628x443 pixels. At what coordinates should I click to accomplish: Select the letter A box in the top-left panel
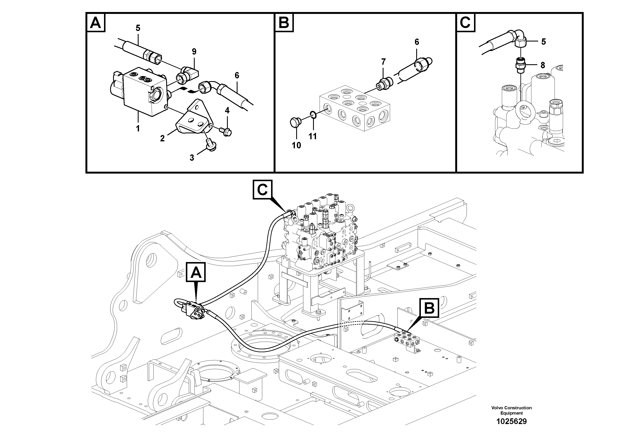coord(96,23)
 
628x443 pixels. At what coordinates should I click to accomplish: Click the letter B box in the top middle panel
coord(284,23)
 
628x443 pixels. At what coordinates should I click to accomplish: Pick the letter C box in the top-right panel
coord(466,23)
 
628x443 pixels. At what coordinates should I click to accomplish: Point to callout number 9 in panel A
coord(194,51)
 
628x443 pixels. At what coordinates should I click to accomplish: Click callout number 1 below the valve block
coord(138,128)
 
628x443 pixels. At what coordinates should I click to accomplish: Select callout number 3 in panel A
coord(192,158)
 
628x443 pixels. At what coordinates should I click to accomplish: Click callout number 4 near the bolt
coord(227,111)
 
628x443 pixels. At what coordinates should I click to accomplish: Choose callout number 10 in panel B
coord(296,145)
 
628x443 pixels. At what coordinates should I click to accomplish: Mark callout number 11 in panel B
coord(312,136)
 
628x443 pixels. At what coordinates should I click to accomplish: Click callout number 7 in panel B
coord(384,62)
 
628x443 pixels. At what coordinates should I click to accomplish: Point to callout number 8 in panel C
coord(542,65)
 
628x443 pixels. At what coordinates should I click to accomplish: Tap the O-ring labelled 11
coord(314,115)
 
